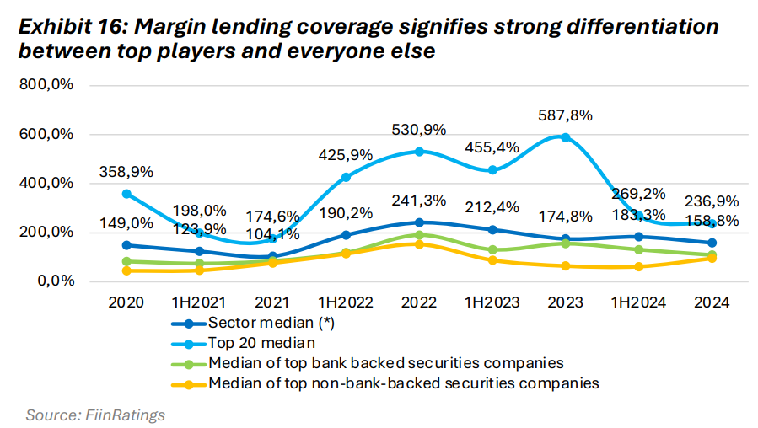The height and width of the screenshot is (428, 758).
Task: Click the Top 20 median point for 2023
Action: (x=565, y=137)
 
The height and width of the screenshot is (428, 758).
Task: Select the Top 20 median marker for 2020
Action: (x=127, y=194)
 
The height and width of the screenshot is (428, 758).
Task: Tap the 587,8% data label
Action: (x=565, y=115)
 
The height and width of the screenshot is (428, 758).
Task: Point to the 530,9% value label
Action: (x=419, y=130)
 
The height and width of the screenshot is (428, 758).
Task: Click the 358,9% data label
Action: (x=126, y=172)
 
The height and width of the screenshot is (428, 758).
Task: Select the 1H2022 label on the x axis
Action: (x=346, y=302)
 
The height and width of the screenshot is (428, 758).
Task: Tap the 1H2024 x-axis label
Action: (x=638, y=302)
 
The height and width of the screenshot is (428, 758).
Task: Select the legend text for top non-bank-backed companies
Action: (x=403, y=383)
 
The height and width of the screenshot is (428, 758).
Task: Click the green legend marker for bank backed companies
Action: (x=190, y=363)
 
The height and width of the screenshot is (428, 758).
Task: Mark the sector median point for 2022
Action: (x=419, y=222)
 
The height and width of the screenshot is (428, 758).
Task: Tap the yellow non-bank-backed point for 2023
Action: (x=565, y=266)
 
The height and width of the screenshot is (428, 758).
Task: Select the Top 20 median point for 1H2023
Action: (x=492, y=170)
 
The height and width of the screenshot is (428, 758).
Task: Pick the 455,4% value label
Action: (x=492, y=148)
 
